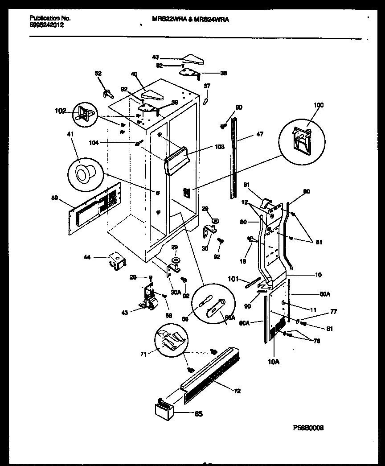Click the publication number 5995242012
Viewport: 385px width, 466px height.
[47, 25]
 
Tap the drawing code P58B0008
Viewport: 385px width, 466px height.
[308, 427]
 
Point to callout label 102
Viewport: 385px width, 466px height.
[60, 111]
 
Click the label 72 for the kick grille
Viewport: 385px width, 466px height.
[237, 391]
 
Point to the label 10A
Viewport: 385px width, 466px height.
[274, 362]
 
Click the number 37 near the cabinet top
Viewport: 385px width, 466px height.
[207, 86]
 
